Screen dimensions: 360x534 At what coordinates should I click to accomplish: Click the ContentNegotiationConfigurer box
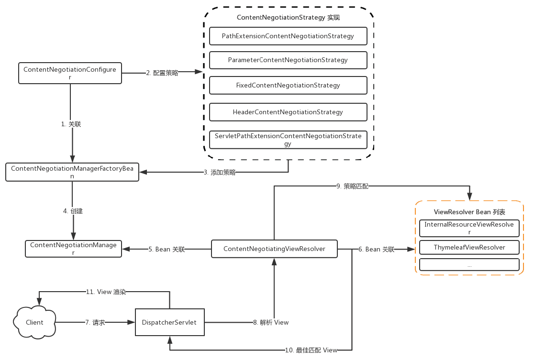(x=70, y=73)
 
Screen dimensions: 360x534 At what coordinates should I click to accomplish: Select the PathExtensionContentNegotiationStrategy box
(x=288, y=36)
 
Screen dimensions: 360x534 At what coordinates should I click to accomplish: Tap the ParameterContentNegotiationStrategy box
(x=288, y=60)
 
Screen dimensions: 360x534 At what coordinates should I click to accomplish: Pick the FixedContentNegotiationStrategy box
(x=288, y=85)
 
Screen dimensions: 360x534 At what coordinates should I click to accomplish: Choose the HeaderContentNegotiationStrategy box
(x=288, y=112)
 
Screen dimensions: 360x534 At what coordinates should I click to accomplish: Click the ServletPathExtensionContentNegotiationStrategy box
(x=288, y=140)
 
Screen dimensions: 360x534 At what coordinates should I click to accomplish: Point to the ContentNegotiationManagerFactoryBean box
(x=72, y=172)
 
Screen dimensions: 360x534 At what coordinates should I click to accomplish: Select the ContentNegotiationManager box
(x=73, y=248)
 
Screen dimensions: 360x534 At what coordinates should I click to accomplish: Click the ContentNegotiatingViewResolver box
(x=274, y=249)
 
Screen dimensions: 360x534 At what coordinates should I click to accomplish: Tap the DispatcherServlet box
(x=169, y=322)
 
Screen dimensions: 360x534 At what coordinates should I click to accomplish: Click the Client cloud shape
(x=34, y=322)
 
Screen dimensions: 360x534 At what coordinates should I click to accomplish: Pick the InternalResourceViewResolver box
(x=469, y=228)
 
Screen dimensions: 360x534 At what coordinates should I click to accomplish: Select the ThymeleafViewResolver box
(x=469, y=247)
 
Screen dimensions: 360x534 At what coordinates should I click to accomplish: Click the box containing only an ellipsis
(x=469, y=264)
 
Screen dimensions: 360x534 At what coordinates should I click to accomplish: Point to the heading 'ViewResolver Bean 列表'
(x=469, y=212)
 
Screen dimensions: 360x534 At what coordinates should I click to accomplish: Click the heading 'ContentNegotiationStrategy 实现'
(x=288, y=17)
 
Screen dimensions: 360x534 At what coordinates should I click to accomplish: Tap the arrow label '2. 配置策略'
(x=162, y=73)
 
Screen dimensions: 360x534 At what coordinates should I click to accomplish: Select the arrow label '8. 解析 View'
(x=271, y=322)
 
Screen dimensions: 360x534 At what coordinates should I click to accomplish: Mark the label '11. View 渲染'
(x=106, y=292)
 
